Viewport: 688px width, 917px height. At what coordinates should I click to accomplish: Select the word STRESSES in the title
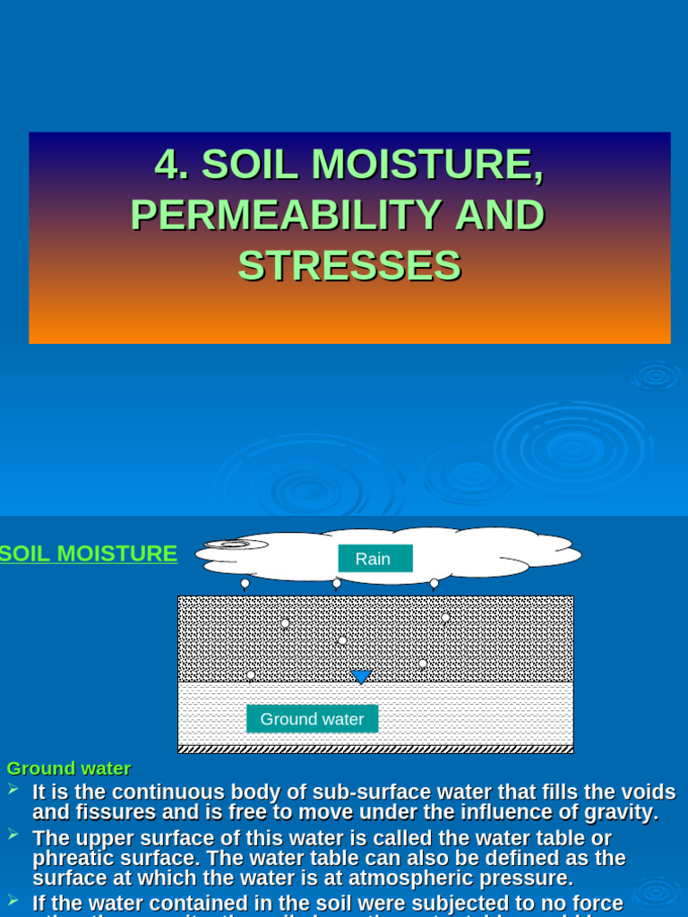349,265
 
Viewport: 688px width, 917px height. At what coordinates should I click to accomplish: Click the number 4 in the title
166,165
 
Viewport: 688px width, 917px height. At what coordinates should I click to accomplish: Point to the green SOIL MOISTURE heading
89,553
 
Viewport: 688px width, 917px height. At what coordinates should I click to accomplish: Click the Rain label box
374,559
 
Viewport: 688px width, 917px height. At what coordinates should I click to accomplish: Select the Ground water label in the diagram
312,719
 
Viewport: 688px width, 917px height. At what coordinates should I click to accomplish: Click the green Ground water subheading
69,768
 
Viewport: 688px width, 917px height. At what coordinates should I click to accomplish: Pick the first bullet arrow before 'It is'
13,789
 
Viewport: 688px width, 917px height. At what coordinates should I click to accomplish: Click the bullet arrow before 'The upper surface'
13,835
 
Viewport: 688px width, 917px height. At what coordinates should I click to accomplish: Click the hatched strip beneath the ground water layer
375,749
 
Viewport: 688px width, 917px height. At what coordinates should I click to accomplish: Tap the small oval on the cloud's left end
235,544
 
